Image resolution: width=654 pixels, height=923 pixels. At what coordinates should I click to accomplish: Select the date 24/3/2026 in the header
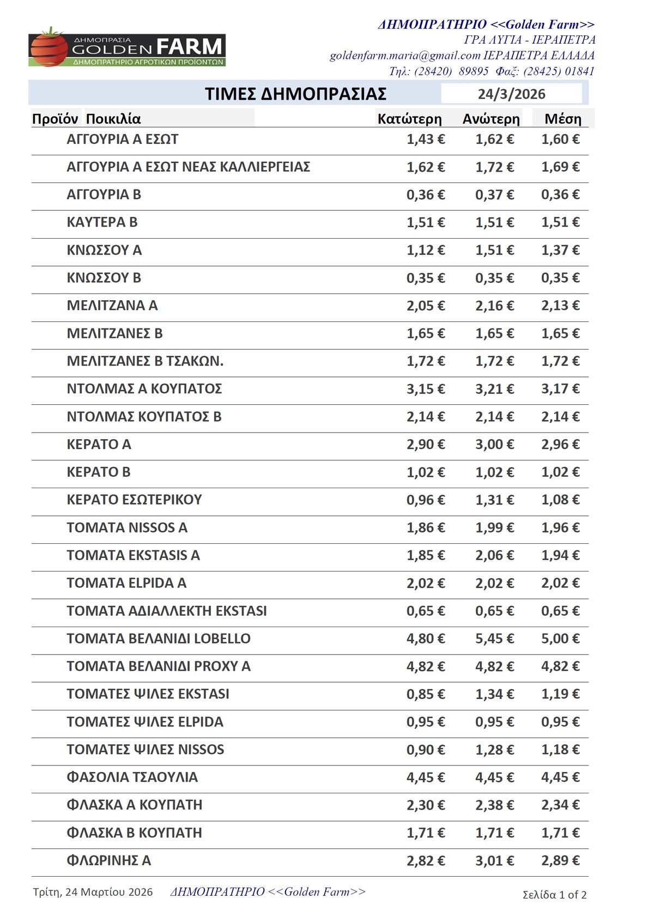(511, 94)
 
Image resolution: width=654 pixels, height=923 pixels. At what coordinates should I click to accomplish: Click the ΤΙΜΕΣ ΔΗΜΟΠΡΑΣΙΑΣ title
(295, 94)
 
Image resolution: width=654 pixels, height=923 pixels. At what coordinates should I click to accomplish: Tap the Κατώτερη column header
(409, 119)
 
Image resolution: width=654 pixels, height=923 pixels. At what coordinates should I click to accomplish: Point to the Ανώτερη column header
(491, 119)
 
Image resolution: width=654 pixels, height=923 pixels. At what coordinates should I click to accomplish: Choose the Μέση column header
(562, 119)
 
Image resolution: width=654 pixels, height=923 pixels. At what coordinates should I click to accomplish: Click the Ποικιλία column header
(113, 119)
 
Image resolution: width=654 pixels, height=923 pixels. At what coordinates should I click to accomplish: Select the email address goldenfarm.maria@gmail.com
(405, 56)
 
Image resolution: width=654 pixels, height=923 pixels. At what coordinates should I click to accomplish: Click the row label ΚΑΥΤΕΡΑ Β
(102, 222)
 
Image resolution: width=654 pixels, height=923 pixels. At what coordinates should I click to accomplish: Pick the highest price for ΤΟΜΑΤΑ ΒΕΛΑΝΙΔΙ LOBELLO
(494, 639)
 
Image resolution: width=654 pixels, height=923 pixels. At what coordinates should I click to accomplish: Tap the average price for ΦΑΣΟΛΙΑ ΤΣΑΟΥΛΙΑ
(560, 778)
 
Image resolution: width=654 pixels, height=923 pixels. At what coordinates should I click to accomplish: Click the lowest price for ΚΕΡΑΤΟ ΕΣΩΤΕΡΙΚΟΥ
(426, 500)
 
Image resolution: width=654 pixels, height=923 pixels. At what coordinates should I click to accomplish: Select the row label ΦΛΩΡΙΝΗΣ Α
(108, 861)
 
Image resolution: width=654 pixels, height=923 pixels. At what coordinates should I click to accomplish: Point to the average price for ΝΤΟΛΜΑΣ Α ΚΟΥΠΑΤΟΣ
(560, 389)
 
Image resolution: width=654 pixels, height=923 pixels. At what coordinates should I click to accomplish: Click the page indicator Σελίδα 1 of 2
(554, 895)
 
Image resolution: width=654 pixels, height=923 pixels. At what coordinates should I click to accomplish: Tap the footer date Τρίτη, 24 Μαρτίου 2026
(93, 892)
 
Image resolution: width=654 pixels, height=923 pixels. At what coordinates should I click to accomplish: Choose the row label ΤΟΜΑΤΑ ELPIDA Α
(126, 583)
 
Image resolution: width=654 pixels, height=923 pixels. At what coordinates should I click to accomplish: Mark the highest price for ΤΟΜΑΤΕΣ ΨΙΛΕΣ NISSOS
(494, 750)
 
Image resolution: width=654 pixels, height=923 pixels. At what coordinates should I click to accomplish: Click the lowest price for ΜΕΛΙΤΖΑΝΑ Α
(426, 306)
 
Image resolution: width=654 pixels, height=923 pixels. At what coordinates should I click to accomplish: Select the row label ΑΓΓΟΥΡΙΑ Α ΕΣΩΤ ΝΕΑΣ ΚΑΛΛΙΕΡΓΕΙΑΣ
(188, 167)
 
